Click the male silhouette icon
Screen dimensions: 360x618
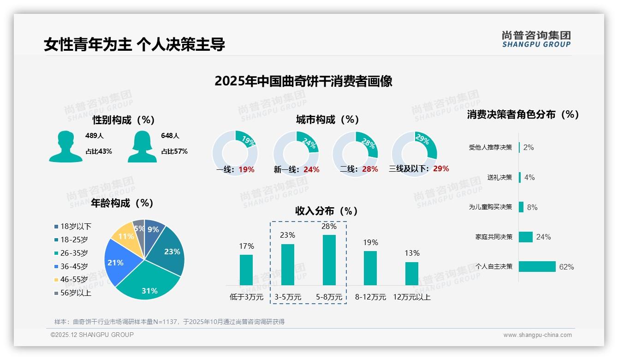(65, 146)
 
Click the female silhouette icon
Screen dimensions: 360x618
(142, 146)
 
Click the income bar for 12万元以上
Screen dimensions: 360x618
(411, 274)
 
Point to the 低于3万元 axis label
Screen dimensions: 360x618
(246, 297)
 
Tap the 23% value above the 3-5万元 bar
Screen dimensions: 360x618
(287, 235)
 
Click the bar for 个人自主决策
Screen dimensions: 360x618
(537, 267)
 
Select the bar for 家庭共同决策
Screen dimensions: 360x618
(526, 237)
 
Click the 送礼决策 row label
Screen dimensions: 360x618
(499, 177)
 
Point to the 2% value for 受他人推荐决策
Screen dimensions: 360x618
(529, 147)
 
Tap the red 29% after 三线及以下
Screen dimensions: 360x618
(441, 168)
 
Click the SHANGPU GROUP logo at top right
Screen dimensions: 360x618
(536, 39)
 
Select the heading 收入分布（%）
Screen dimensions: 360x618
(327, 211)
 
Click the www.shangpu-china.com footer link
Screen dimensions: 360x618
(537, 335)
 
